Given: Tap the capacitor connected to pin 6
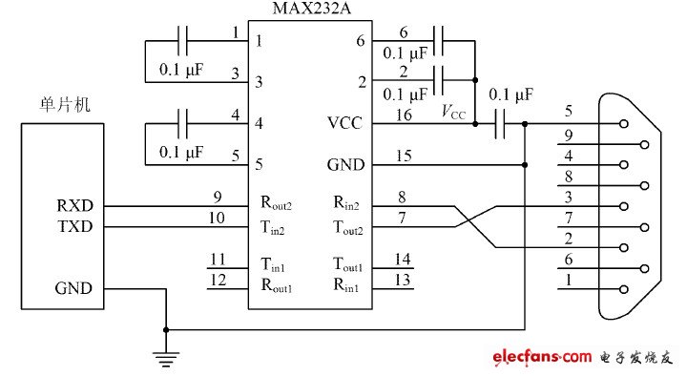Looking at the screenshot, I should [439, 42].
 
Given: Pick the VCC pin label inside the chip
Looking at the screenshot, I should [344, 123].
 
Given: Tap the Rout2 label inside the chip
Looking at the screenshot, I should [277, 204].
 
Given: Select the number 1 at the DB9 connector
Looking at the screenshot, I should [568, 281].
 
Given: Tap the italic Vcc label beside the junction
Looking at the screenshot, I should [454, 112].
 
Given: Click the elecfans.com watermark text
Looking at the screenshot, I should [541, 357].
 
